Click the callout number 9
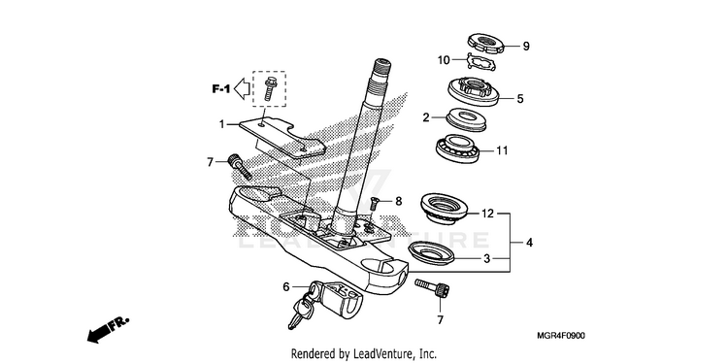pos(526,46)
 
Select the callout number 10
pos(444,59)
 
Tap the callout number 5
pos(520,98)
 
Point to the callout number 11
pos(502,150)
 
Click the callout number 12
pos(486,214)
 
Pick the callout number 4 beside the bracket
pos(529,242)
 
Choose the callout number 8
pos(398,201)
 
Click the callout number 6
pos(286,287)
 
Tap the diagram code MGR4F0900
pos(561,336)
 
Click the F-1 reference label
pos(221,88)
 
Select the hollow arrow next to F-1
pos(243,88)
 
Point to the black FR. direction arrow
pos(108,330)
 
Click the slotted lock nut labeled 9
pos(485,44)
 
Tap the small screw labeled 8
pos(375,203)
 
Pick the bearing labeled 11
pos(458,147)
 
